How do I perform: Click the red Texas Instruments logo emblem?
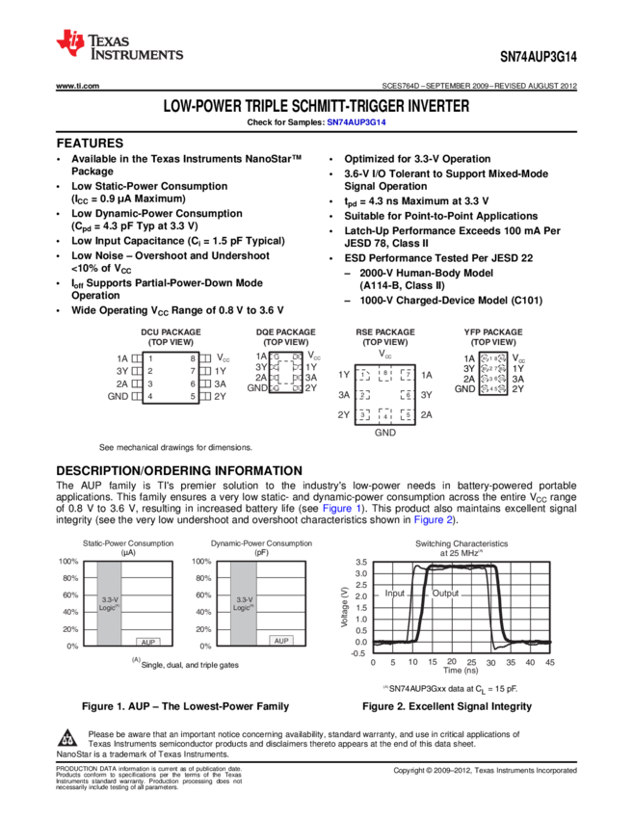coord(69,42)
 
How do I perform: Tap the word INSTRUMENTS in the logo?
coord(137,56)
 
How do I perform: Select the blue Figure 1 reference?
coord(341,508)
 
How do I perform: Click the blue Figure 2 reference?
coord(433,520)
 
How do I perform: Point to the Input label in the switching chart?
coord(394,594)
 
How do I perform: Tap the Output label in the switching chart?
coord(445,594)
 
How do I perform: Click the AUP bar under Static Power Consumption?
coord(147,641)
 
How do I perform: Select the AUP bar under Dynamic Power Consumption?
coord(280,640)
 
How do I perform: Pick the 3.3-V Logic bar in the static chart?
coord(109,603)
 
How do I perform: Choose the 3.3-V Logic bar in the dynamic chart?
coord(243,603)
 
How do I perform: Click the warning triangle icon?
coord(67,738)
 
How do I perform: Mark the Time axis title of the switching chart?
coord(461,671)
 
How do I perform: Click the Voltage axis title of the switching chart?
coord(344,607)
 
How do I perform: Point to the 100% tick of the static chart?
coord(68,562)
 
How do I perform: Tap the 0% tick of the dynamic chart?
coord(205,647)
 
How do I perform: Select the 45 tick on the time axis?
coord(550,662)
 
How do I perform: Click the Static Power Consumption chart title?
coord(128,543)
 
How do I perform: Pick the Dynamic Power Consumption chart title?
coord(261,543)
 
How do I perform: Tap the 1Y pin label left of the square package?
coord(344,374)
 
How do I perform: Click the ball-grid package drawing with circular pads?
coord(493,373)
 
